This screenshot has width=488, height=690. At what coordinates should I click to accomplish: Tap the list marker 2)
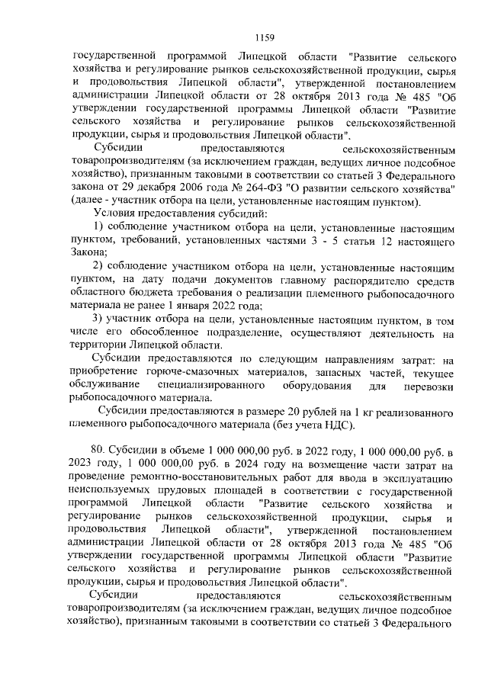click(99, 266)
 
